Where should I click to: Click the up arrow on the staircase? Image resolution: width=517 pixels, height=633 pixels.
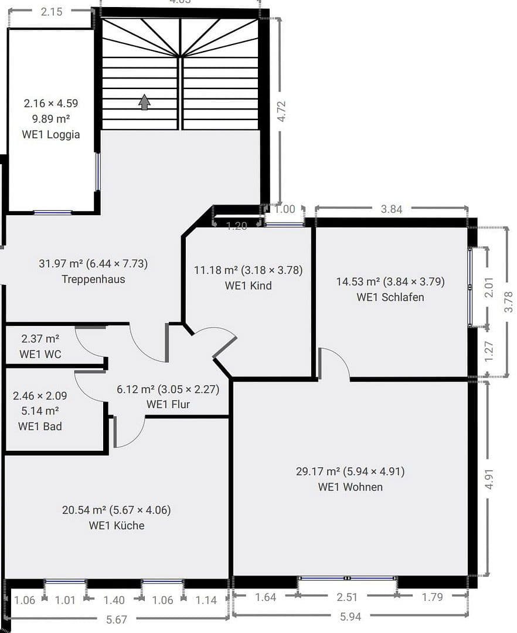144,103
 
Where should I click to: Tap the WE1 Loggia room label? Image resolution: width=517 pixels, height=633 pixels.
51,134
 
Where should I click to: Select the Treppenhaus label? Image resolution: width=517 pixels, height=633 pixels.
93,279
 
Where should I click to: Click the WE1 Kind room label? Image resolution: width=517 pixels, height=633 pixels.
248,285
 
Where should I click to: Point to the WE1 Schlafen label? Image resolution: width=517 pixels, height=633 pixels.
390,297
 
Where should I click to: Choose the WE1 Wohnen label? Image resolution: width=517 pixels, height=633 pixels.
350,486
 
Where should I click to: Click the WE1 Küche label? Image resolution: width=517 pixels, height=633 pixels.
116,525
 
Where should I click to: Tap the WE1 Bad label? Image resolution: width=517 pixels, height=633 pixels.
40,426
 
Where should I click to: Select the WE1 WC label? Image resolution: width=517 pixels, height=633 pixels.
40,354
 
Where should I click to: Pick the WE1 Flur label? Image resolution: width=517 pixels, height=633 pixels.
168,404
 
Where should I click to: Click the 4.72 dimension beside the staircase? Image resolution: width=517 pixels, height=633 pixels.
281,111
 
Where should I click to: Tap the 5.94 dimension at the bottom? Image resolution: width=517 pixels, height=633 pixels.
350,617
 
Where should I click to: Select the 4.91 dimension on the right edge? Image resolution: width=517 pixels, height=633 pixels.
490,479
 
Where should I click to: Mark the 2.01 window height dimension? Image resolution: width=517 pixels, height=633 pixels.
490,287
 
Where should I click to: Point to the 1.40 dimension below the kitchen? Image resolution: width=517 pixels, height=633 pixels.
114,600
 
